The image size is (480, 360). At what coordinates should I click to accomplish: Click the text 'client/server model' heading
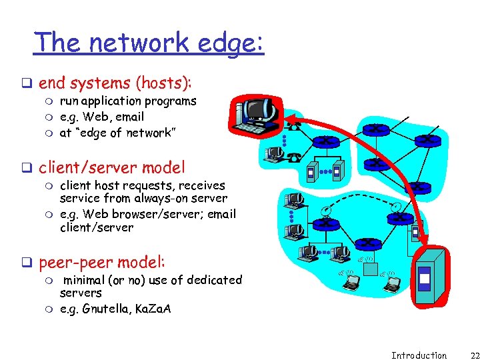tap(111, 167)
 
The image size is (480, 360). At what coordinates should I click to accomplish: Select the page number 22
tap(465, 355)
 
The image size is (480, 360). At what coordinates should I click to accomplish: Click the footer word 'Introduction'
tap(419, 355)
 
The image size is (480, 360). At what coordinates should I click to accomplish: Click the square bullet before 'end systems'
tap(29, 84)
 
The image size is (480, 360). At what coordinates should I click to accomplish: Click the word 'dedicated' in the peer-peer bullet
tap(214, 280)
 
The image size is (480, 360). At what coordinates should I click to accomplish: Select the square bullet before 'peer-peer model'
tap(29, 263)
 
